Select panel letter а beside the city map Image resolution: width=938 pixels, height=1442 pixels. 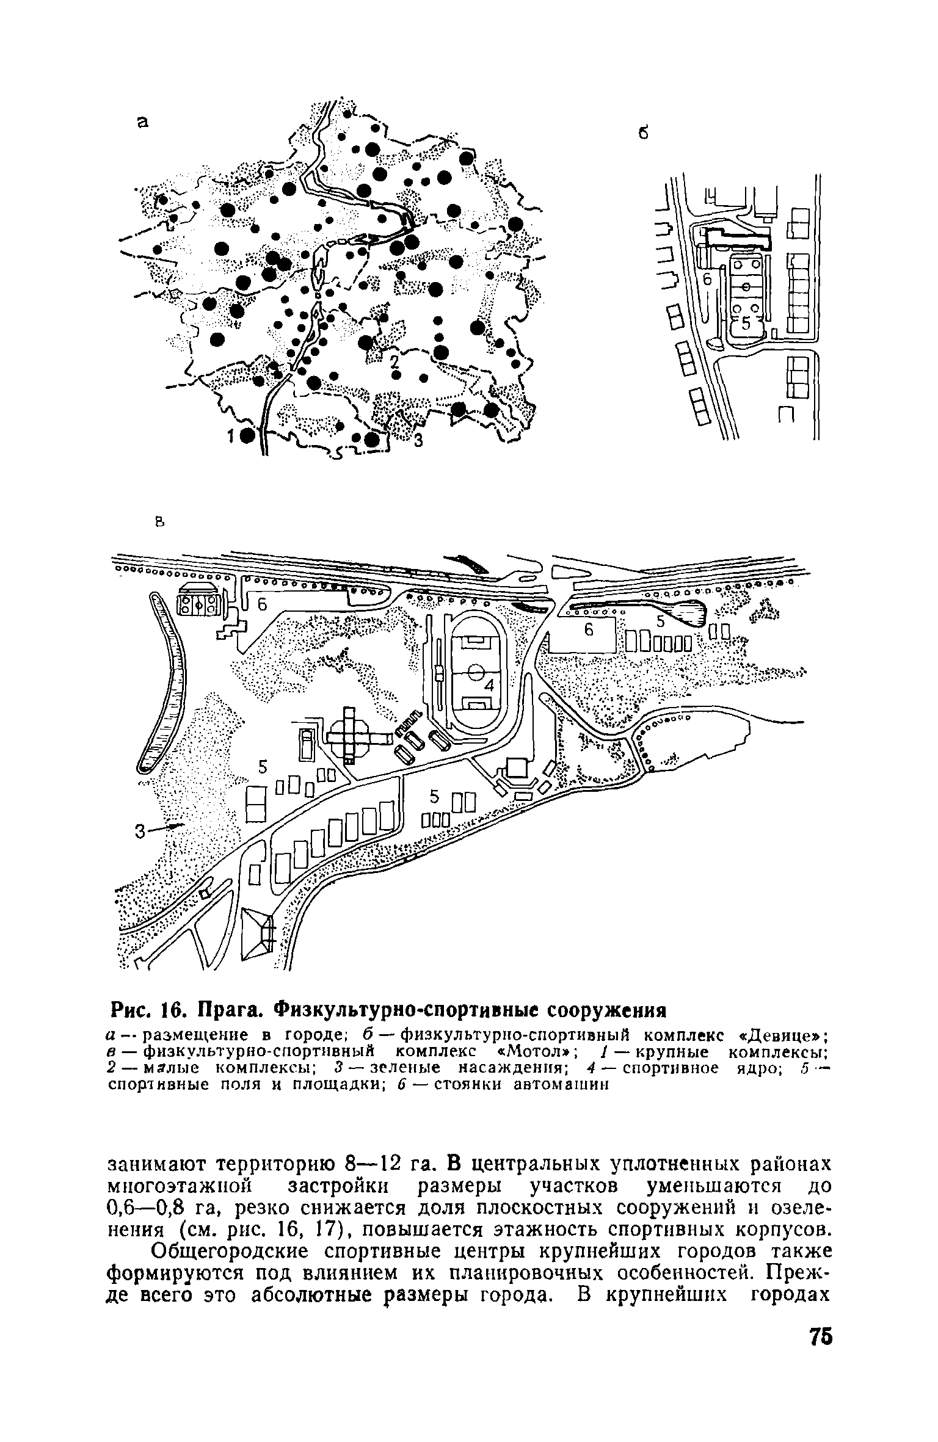click(142, 122)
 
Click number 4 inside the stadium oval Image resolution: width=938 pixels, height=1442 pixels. click(489, 686)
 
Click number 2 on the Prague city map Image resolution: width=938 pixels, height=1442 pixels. click(394, 360)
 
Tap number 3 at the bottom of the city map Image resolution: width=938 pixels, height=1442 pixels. click(418, 440)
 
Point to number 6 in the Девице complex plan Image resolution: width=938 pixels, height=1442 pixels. click(708, 278)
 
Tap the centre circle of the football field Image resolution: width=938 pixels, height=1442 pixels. click(476, 674)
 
